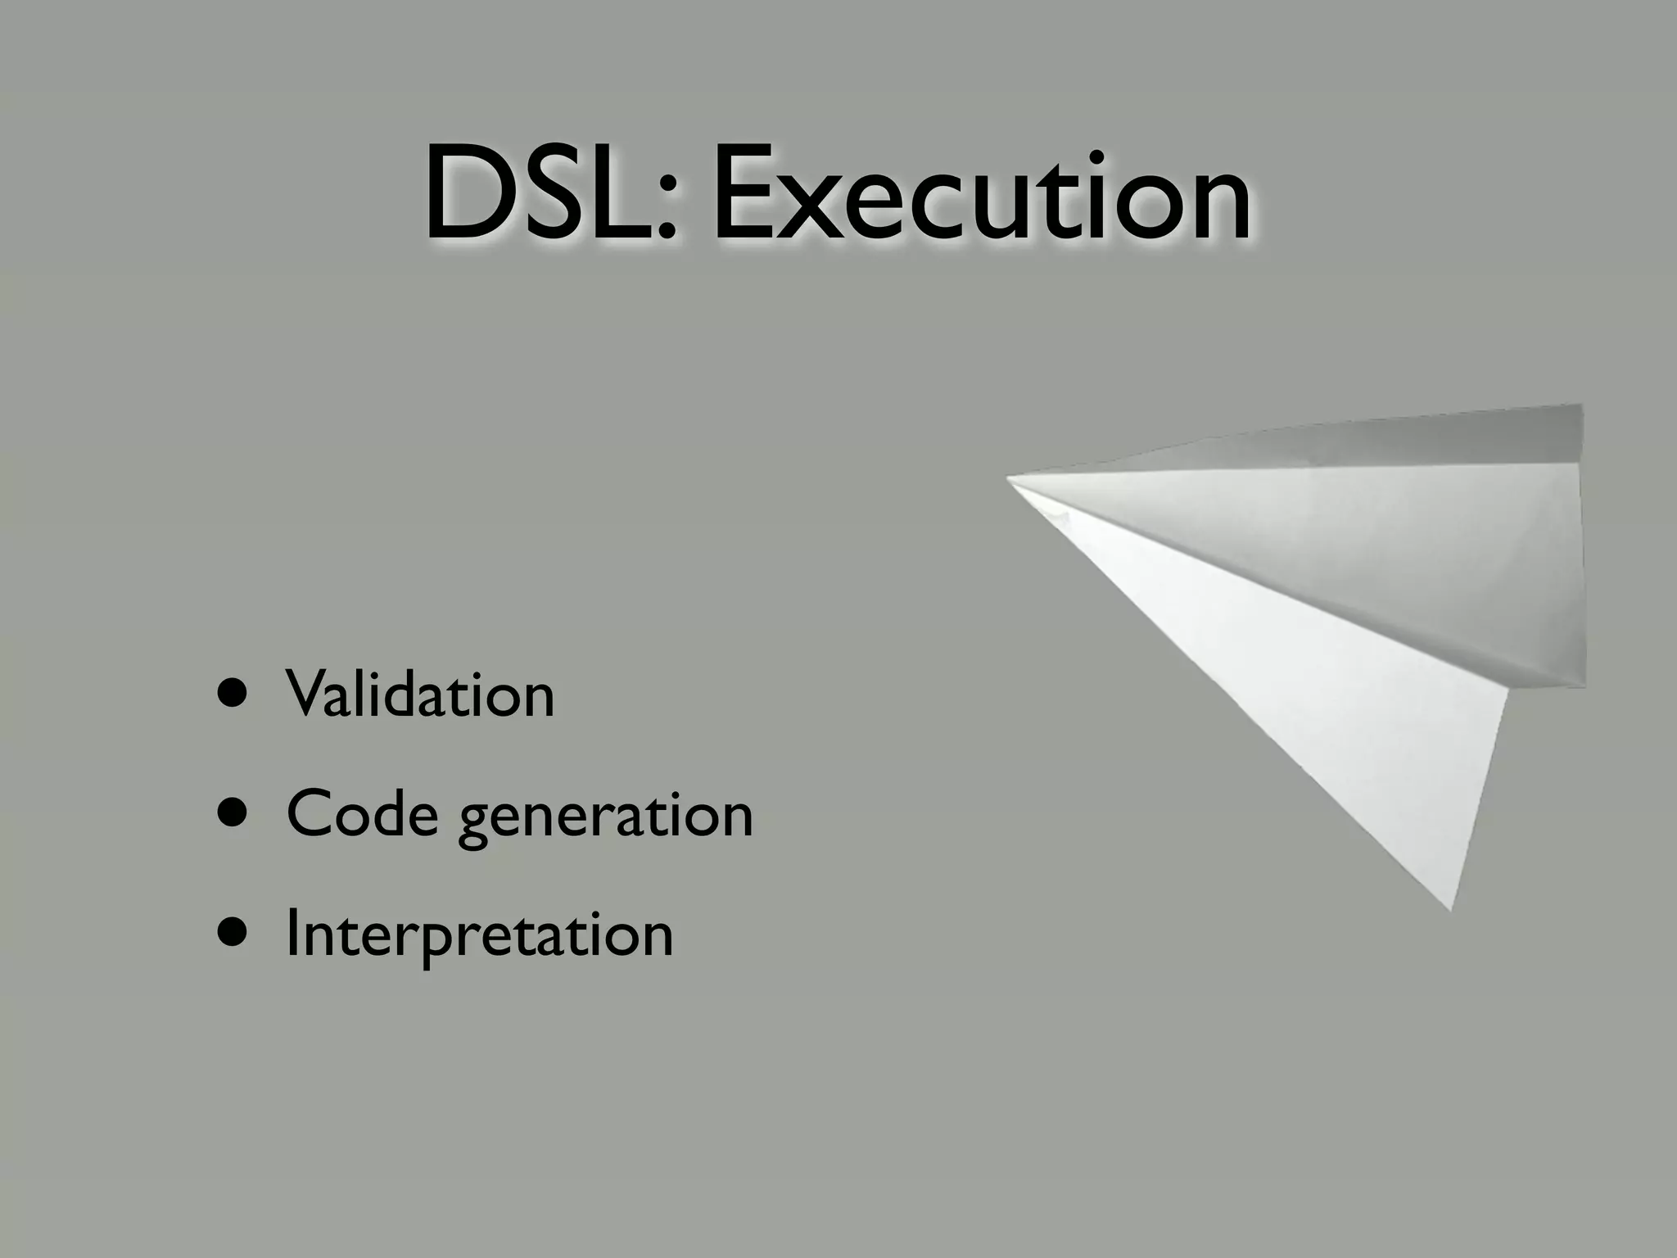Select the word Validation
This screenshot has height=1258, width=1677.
(x=420, y=694)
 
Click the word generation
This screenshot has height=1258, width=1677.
(x=605, y=818)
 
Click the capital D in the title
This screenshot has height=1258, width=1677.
(x=466, y=195)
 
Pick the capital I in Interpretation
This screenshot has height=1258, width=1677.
(x=291, y=933)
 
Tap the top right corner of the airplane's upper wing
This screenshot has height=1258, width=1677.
(x=1580, y=407)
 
